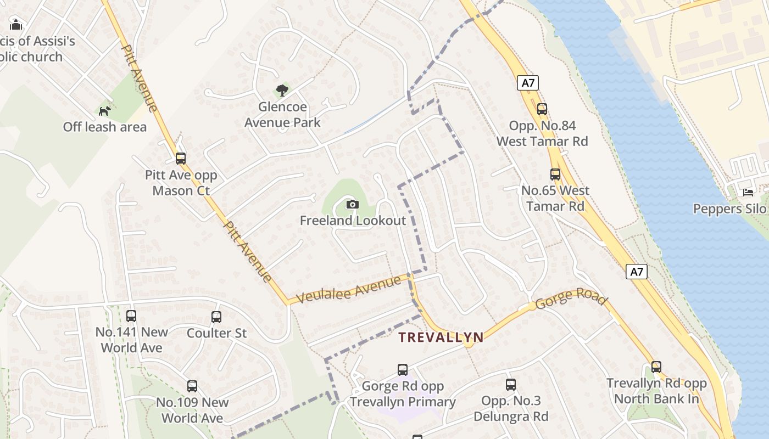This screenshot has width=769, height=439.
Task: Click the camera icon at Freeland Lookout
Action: point(352,205)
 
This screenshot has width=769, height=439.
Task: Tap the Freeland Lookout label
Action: point(353,221)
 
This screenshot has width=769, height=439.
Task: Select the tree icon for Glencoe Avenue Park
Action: point(282,90)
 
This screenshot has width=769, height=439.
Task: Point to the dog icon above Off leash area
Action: point(104,111)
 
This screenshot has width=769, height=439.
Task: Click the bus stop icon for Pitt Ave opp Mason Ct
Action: point(181,159)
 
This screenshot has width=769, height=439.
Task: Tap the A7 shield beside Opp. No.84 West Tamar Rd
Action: point(528,83)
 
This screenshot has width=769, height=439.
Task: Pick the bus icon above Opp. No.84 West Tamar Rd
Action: point(542,109)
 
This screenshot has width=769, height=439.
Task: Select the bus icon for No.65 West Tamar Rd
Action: point(555,175)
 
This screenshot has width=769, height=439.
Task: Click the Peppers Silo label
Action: point(729,209)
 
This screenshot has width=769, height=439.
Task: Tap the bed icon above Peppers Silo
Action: point(748,192)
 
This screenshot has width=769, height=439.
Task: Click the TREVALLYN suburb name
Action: point(441,337)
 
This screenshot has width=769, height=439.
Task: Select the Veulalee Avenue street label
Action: point(349,290)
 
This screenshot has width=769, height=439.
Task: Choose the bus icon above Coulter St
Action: point(216,317)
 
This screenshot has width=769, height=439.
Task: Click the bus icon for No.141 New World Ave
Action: point(131,316)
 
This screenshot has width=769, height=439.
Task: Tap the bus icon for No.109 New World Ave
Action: point(192,386)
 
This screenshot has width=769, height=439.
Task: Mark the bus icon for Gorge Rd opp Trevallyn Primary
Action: point(403,370)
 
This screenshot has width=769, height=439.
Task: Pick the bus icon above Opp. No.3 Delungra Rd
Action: point(511,385)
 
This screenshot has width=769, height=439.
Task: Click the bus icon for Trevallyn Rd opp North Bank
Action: point(656,367)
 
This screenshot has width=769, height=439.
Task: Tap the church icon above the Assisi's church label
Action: point(16,25)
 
